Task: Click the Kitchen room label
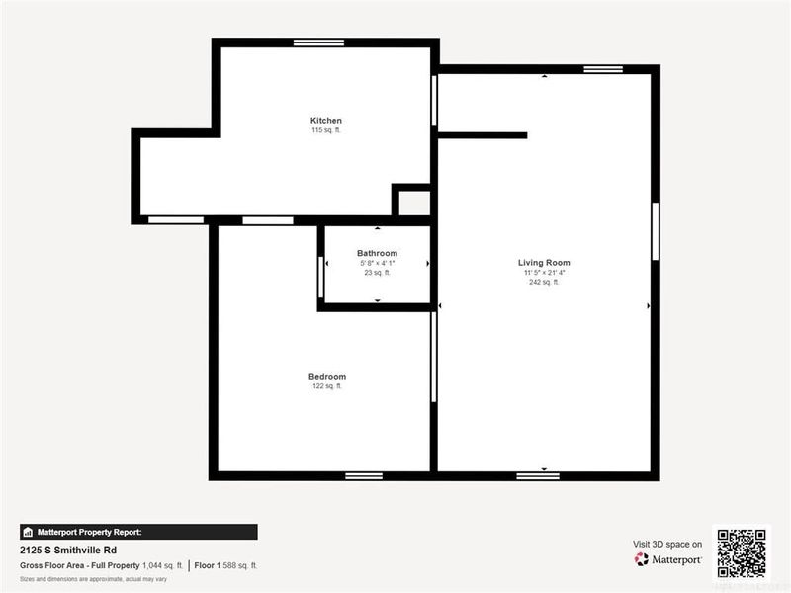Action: (x=326, y=121)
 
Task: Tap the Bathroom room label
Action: (x=377, y=254)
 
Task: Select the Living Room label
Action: (x=544, y=263)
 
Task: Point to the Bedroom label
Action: (x=327, y=377)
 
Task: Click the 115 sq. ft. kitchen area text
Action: (x=326, y=130)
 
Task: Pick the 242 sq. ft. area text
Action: (x=544, y=282)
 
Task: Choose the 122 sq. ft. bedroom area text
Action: (x=327, y=386)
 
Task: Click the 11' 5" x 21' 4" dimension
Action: (x=544, y=273)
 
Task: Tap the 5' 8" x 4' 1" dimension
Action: (x=377, y=264)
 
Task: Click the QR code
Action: (x=742, y=551)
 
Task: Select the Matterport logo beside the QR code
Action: (x=668, y=559)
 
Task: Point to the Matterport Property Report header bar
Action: (x=138, y=532)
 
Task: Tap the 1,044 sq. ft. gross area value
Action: (x=163, y=565)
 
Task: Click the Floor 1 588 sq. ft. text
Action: (x=226, y=565)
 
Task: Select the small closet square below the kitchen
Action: (x=413, y=203)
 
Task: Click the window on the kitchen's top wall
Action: (x=318, y=42)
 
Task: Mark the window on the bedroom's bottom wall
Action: (x=364, y=475)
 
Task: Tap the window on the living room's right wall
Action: (x=655, y=231)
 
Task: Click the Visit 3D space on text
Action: (x=667, y=544)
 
